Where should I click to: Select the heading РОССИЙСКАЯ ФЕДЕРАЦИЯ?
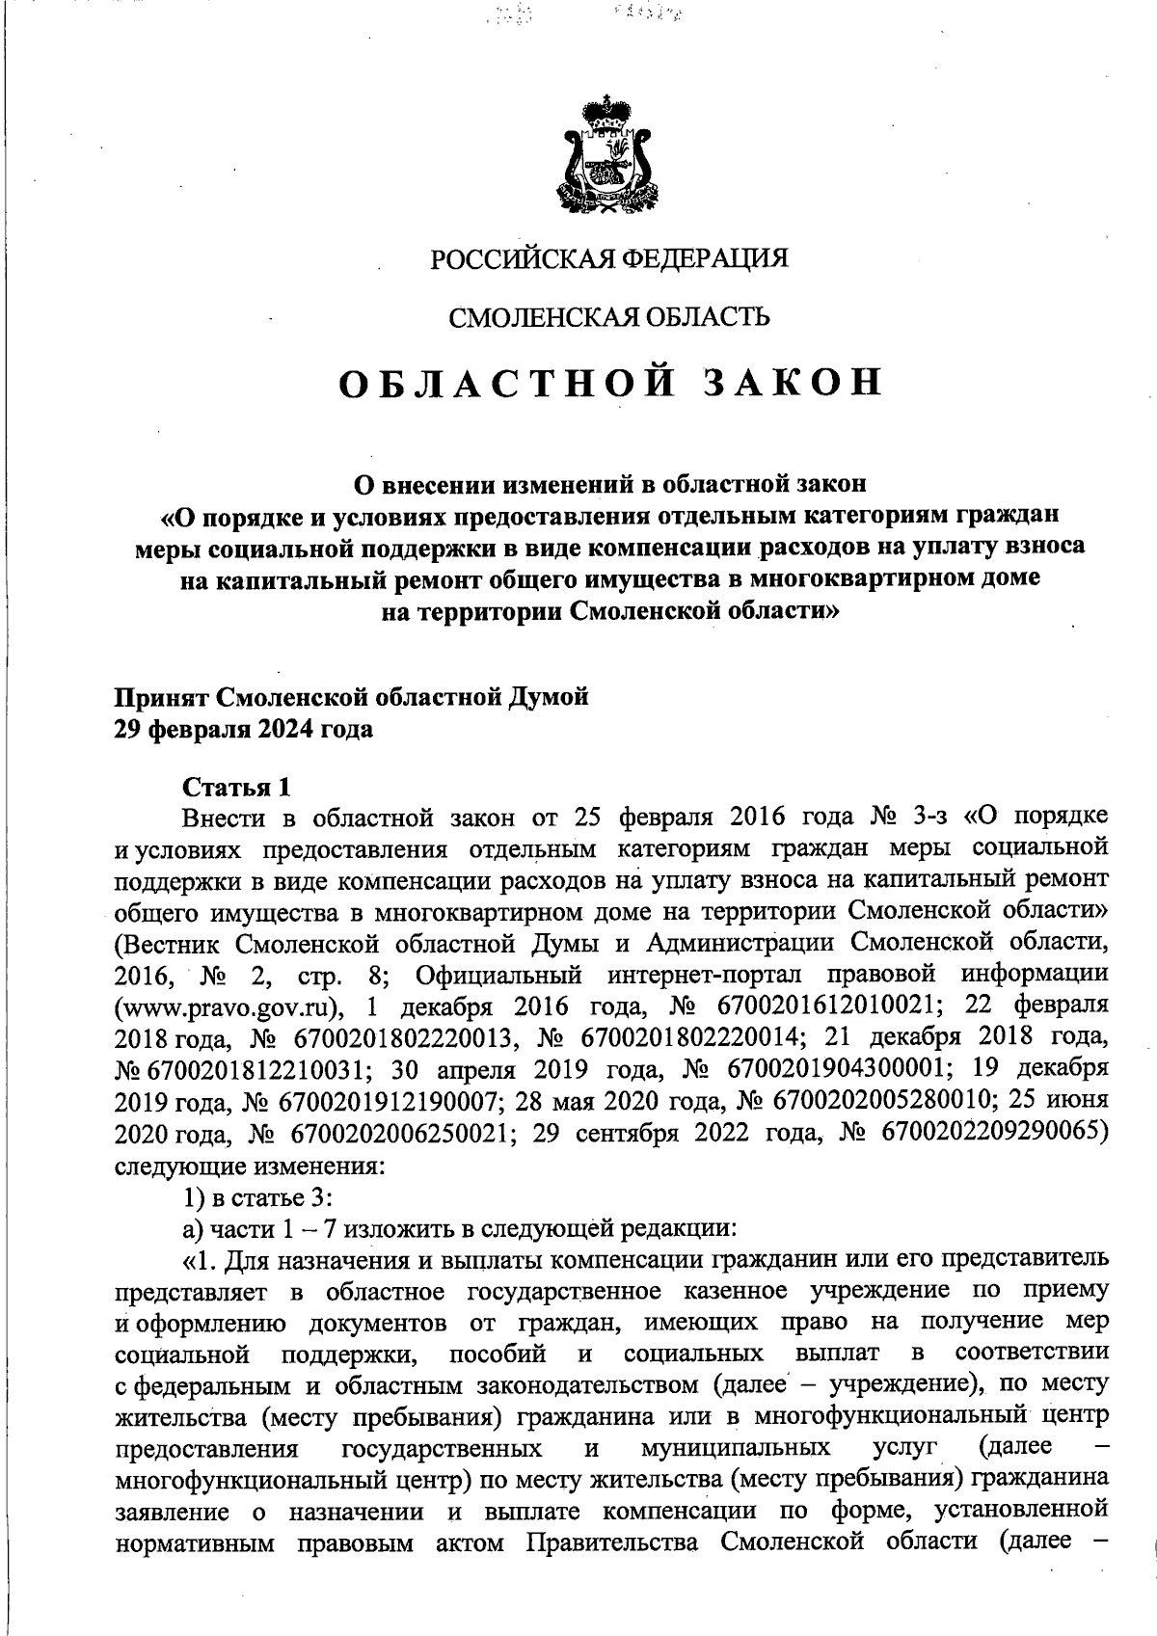608,259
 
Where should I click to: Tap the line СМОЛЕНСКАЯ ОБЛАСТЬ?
609,317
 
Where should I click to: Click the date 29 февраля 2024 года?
244,729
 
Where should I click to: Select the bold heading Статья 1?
237,787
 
